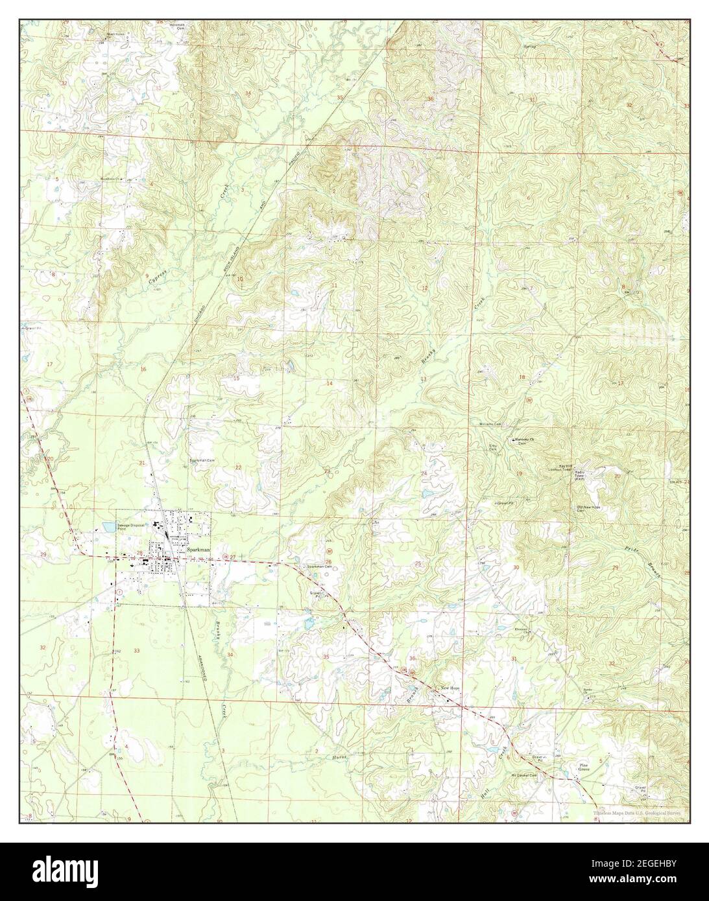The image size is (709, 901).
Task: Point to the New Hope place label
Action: coord(450,686)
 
